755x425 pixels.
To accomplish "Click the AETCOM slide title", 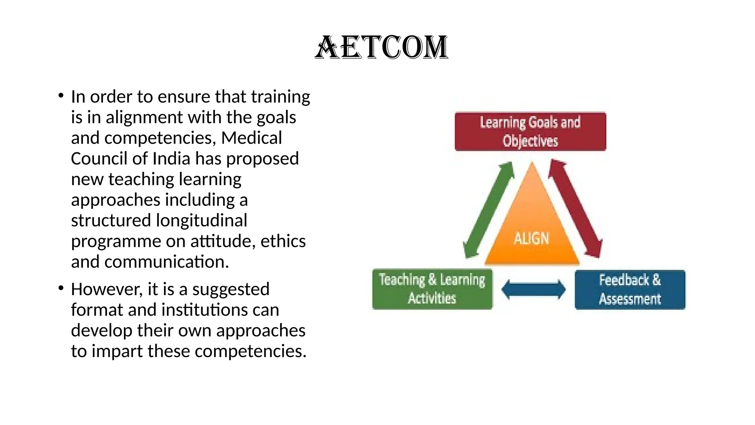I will [x=382, y=48].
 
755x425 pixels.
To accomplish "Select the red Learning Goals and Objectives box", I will [x=530, y=131].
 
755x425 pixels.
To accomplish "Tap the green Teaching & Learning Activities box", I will [x=432, y=289].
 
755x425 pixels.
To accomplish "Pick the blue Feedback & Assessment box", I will [x=630, y=290].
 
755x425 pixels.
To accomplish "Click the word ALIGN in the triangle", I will [x=531, y=239].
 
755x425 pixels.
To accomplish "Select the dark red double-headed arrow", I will [x=575, y=208].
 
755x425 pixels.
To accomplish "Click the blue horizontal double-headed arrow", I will [x=533, y=290].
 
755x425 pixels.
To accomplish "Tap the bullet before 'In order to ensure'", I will [x=61, y=96].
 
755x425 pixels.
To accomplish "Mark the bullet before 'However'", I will [x=61, y=288].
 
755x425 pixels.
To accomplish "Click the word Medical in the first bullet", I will [x=251, y=138].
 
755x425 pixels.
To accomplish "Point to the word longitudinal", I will [x=201, y=221].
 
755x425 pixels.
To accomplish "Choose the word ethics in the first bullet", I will [x=283, y=241].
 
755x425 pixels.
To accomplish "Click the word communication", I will [x=167, y=262].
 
